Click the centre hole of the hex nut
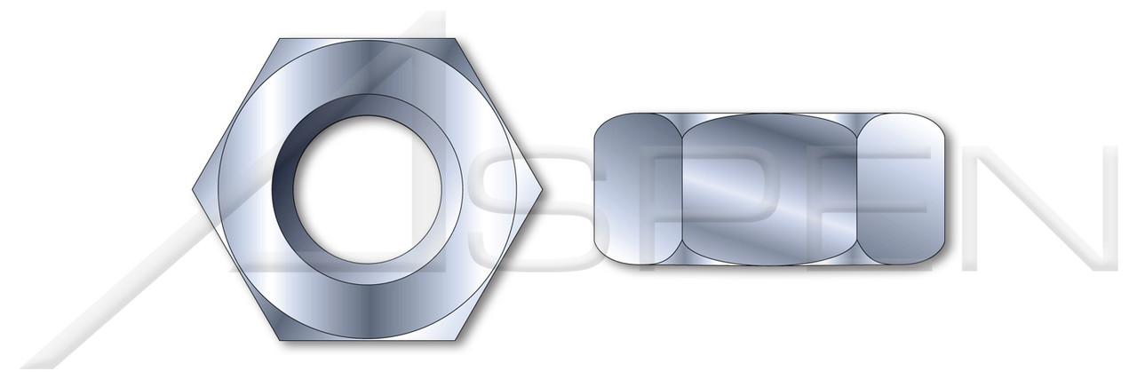(x=369, y=190)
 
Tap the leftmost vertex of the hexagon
(x=193, y=190)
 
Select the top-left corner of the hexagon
(x=280, y=39)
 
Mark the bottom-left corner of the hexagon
(x=280, y=342)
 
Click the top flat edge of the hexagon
(x=368, y=40)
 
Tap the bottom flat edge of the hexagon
(x=368, y=341)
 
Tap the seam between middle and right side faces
(x=862, y=189)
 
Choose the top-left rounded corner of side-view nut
(x=604, y=122)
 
